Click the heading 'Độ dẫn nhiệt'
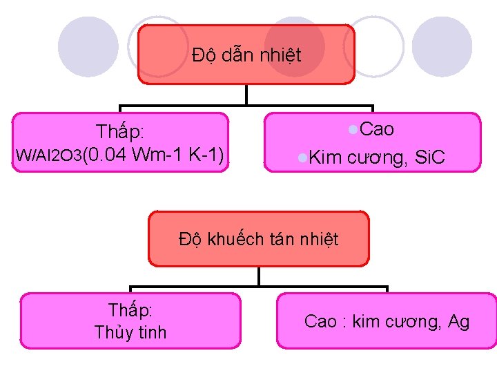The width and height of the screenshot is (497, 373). pyautogui.click(x=246, y=55)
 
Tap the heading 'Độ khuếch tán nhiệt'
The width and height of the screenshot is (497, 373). pyautogui.click(x=258, y=240)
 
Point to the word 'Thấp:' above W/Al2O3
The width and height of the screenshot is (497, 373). pyautogui.click(x=120, y=131)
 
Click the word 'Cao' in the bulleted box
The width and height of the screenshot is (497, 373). pyautogui.click(x=378, y=129)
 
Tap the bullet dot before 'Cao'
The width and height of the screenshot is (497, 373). pyautogui.click(x=353, y=129)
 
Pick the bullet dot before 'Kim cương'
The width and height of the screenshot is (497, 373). pyautogui.click(x=302, y=158)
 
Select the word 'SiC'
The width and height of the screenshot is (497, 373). pyautogui.click(x=429, y=158)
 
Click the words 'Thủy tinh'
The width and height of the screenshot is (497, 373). pyautogui.click(x=131, y=332)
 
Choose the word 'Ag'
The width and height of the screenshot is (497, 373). pyautogui.click(x=458, y=321)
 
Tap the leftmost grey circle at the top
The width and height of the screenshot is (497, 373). pyautogui.click(x=88, y=46)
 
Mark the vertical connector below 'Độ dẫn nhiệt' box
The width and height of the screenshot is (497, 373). pyautogui.click(x=246, y=95)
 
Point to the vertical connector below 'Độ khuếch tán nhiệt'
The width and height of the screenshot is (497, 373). pyautogui.click(x=258, y=277)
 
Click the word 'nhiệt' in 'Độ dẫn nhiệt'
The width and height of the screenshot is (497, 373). pyautogui.click(x=281, y=55)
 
